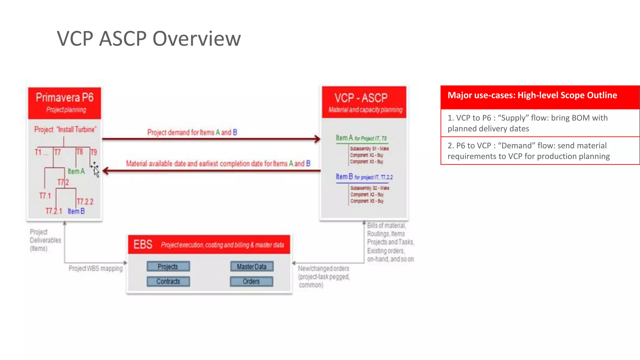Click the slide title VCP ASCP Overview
[149, 39]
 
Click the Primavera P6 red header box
[65, 103]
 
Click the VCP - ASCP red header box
[364, 102]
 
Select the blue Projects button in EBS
[168, 266]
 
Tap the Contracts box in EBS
[168, 281]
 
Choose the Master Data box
[252, 266]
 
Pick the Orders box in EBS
[251, 281]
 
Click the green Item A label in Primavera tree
[76, 171]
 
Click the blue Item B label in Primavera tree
[76, 211]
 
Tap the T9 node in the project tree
[94, 152]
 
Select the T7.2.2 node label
[85, 202]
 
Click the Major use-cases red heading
[532, 95]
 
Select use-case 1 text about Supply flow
[527, 123]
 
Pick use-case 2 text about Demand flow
[528, 151]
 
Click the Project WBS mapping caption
[96, 268]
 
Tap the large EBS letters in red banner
[143, 244]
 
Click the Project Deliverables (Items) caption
[45, 240]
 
